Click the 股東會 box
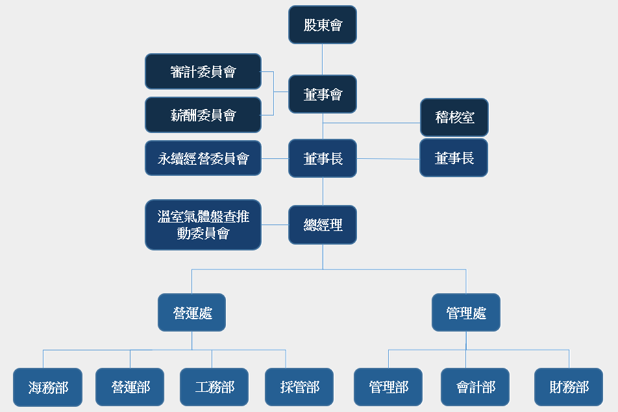pos(323,25)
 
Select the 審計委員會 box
pos(203,71)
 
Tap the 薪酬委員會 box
pos(203,115)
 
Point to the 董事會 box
pos(323,94)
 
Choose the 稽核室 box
pos(454,117)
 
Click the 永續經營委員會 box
pos(203,158)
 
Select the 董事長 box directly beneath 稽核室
pos(453,158)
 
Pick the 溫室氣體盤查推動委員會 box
pos(203,224)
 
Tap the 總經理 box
pos(323,224)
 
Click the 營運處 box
pos(192,312)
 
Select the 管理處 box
pos(466,312)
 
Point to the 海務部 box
pos(47,387)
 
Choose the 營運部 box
pos(130,387)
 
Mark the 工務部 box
pos(214,387)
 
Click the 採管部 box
pos(299,387)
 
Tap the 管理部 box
pos(388,387)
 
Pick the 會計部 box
pos(475,387)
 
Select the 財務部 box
pos(569,387)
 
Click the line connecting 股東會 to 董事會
pos(323,59)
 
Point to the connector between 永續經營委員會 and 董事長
pos(275,158)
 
